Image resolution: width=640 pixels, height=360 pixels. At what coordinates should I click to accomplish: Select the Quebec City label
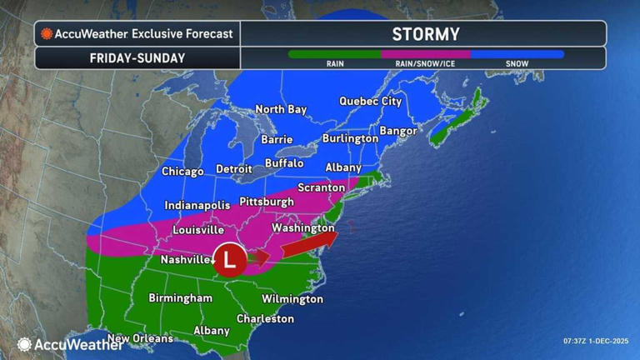tap(371, 102)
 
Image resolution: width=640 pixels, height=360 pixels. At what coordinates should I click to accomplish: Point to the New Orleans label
tap(140, 338)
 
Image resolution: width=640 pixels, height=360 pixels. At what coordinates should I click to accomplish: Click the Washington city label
tap(303, 227)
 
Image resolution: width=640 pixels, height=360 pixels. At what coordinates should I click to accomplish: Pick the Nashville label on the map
tap(185, 260)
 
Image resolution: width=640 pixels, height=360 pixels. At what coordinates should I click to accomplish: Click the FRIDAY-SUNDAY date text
tap(137, 58)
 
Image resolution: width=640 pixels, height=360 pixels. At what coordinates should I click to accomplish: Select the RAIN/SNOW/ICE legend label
tap(425, 63)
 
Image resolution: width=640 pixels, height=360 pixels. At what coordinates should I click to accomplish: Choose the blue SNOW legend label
tap(517, 63)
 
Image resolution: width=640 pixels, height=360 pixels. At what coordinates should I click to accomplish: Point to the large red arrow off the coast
tap(309, 243)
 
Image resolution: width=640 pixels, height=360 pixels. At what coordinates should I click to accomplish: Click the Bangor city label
tap(398, 131)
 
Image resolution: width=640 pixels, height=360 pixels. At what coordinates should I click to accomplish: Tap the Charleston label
tap(265, 318)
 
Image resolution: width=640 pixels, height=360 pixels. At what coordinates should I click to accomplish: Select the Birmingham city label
tap(180, 297)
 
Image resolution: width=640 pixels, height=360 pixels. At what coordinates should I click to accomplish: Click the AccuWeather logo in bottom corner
tap(70, 344)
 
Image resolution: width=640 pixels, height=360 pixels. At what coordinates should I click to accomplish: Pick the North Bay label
tap(281, 109)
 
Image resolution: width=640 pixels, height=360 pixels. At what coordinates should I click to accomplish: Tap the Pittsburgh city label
tap(267, 202)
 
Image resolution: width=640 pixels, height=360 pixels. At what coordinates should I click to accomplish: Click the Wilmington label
tap(292, 298)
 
